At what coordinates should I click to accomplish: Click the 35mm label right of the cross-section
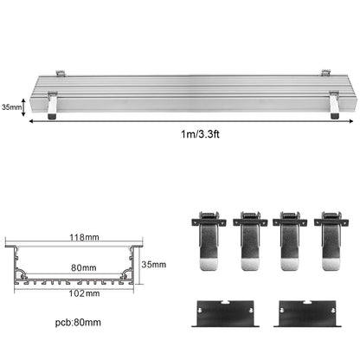[x=152, y=264]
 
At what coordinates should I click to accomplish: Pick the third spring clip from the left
[x=289, y=245]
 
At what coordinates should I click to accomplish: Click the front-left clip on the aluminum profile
[x=52, y=104]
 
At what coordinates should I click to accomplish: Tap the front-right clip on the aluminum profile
[x=333, y=103]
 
